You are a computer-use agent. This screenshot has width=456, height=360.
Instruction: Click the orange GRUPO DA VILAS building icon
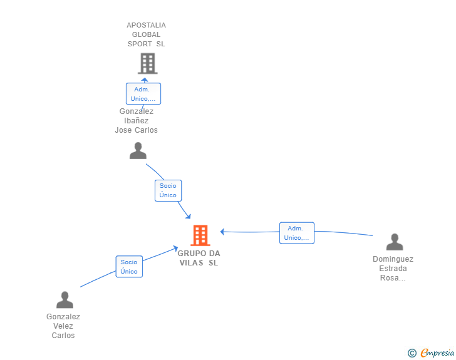(x=200, y=235)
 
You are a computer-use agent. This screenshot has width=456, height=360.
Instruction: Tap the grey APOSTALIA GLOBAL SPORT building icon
(x=147, y=63)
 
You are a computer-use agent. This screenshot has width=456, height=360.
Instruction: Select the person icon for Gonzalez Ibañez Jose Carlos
(x=138, y=151)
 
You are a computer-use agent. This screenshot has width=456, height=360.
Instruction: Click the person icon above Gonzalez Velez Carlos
(x=65, y=300)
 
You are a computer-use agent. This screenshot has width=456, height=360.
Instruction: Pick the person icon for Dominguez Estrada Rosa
(x=395, y=242)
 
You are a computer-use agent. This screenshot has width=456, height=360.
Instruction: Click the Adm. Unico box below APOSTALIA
(x=143, y=94)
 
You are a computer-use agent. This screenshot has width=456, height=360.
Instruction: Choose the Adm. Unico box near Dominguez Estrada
(x=297, y=233)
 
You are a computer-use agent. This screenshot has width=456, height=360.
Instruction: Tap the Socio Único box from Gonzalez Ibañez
(x=168, y=190)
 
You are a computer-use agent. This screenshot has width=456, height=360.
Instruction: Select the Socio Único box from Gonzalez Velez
(x=129, y=267)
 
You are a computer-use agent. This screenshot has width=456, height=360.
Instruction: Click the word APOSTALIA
(x=147, y=25)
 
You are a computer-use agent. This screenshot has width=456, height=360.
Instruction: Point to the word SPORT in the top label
(x=140, y=44)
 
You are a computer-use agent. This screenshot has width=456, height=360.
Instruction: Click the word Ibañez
(x=137, y=121)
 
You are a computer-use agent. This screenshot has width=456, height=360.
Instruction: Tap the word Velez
(x=63, y=326)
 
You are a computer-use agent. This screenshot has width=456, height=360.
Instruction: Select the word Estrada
(x=393, y=269)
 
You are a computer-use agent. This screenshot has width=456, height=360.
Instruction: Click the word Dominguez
(x=393, y=259)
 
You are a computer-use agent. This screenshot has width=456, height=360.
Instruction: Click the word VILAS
(x=192, y=263)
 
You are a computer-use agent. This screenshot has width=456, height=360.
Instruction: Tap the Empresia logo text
(x=437, y=352)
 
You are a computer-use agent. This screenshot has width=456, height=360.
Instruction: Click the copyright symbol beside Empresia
(x=412, y=353)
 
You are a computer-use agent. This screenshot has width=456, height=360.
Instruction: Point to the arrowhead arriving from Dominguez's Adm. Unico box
(x=222, y=232)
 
